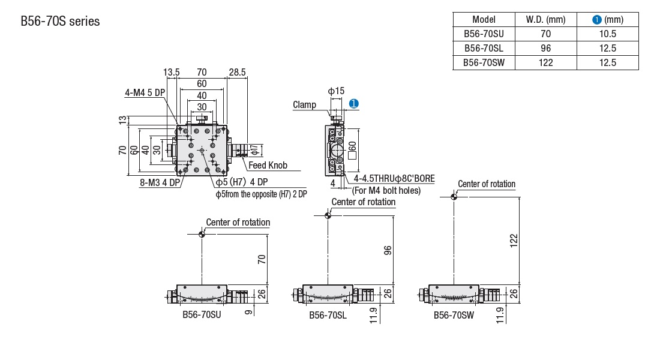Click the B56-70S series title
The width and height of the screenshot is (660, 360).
point(60,22)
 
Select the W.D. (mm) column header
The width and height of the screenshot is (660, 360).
point(545,20)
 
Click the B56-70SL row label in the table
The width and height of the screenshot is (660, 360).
point(483,49)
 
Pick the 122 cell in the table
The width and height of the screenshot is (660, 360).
point(545,63)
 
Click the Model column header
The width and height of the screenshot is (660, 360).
point(483,20)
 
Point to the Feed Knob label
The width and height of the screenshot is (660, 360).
point(268,166)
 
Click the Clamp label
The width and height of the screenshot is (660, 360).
point(304,105)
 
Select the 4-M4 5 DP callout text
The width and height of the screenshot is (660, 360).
point(145,93)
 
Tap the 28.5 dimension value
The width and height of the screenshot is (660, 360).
point(237,73)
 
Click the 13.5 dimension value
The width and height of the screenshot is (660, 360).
point(172,73)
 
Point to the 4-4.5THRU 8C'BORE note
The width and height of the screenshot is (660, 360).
point(394,179)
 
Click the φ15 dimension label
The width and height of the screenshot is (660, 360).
point(336,91)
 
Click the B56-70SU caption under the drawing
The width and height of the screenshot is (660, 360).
point(202,314)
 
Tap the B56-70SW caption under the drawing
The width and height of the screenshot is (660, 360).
point(454,314)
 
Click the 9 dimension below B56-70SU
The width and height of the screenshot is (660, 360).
point(248,312)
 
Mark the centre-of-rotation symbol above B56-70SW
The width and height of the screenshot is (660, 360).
point(454,196)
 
